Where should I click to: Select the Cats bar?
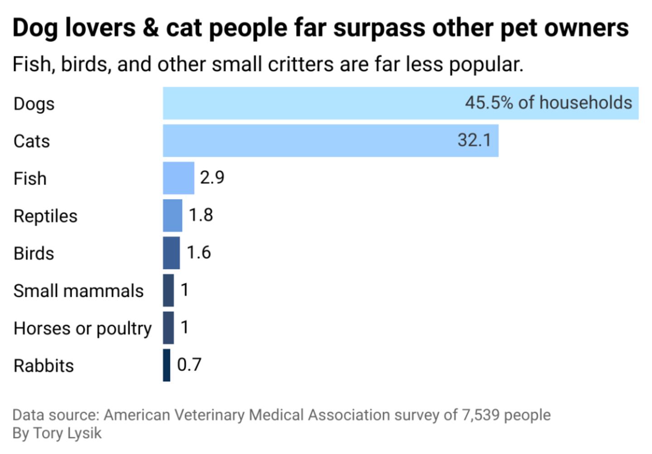point(308,141)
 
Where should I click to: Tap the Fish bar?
point(178,178)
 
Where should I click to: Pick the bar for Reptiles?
point(173,215)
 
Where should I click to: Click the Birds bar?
point(171,253)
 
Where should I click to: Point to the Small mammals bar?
point(168,290)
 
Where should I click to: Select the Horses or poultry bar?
point(168,328)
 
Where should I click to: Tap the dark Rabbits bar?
point(167,365)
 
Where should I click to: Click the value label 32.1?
point(474,140)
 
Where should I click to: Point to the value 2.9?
point(212,177)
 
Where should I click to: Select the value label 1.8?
point(201,215)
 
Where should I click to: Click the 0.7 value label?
point(189,365)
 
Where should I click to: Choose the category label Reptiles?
point(45,216)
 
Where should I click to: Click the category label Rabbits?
point(43,366)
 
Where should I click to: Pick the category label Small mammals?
point(78,291)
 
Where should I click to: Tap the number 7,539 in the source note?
point(480,415)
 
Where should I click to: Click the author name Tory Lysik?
point(67,433)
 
